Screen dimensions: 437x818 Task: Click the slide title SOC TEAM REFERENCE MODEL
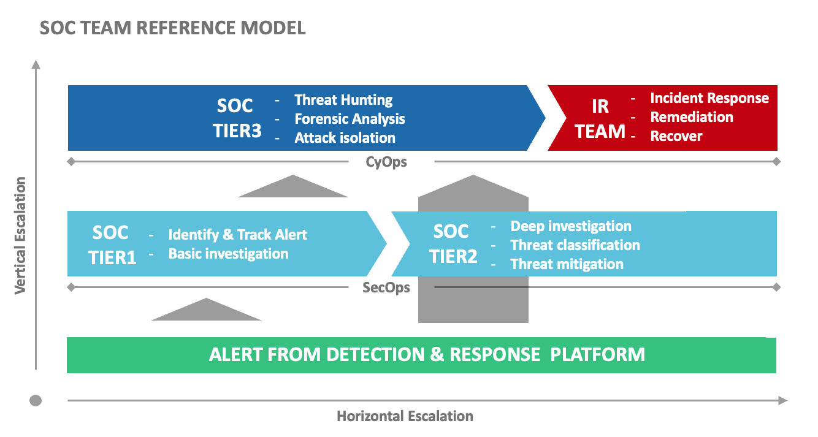pos(172,28)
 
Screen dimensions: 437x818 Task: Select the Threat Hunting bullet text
pos(343,100)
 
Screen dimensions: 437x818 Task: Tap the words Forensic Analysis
pos(350,119)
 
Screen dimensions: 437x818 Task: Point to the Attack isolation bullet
pos(345,138)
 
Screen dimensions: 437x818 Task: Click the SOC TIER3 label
pos(235,118)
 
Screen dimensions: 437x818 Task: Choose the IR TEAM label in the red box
pos(600,118)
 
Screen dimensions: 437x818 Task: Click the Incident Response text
pos(709,98)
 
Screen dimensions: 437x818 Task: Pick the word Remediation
pos(692,117)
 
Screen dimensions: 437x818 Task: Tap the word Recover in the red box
pos(676,136)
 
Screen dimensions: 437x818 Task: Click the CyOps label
pos(386,162)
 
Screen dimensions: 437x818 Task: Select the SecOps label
pos(386,287)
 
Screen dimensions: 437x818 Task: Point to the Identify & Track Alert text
pos(238,235)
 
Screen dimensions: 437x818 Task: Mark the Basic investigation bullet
pos(228,254)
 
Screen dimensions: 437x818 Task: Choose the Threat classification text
pos(575,245)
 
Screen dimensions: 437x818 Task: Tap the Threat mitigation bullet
pos(567,264)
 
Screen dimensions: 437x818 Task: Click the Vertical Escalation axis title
pos(21,235)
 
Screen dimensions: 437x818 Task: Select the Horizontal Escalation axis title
pos(405,417)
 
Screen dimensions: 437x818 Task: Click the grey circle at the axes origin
pos(36,401)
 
